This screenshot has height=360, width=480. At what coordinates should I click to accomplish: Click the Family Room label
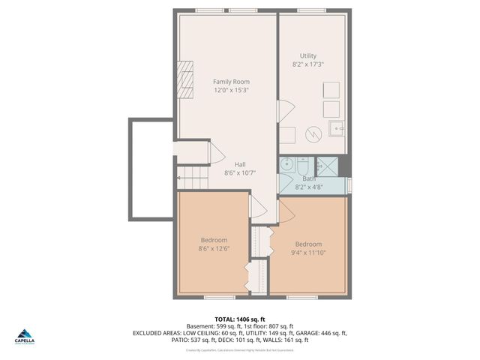click(231, 82)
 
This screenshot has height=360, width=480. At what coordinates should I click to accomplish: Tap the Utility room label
click(308, 55)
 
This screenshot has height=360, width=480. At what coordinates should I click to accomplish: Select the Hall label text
click(240, 164)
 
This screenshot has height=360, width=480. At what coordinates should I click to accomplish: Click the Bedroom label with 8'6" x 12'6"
click(214, 240)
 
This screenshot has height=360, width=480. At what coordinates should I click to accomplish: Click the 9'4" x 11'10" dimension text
click(308, 253)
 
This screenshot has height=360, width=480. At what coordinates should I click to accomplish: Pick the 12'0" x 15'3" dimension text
click(231, 90)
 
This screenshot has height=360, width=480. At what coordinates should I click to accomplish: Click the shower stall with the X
click(326, 166)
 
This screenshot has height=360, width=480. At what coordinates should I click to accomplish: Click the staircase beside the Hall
click(193, 178)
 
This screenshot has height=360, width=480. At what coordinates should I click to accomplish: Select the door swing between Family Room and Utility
click(286, 111)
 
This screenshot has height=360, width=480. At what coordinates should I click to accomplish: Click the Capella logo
click(25, 337)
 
